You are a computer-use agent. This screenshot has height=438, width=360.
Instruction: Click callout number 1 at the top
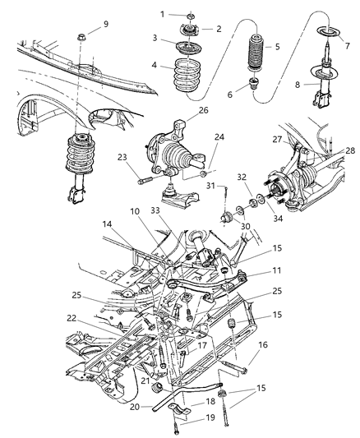point(163,14)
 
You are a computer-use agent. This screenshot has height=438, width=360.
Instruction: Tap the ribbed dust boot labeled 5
point(255,57)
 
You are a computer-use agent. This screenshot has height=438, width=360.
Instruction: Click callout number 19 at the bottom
point(209,419)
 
